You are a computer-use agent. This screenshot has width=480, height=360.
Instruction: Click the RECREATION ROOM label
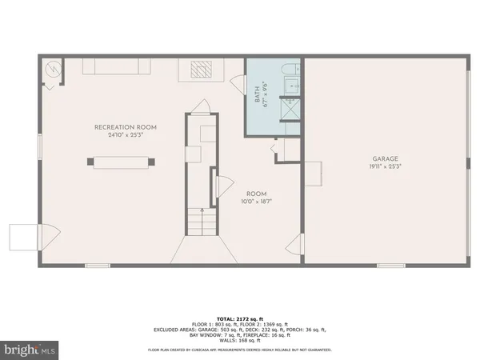(126, 127)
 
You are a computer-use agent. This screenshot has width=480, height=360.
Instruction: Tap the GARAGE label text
(384, 158)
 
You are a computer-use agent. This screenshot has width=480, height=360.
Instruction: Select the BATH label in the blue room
(258, 94)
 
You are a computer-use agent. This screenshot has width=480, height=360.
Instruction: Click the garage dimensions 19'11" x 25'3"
(384, 166)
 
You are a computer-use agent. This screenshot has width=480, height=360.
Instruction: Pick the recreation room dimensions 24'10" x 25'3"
(126, 134)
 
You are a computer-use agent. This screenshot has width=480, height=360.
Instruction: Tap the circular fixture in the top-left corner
(53, 70)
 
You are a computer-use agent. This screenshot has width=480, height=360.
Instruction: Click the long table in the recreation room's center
(120, 162)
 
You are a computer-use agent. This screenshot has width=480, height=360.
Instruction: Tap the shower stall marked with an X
(289, 110)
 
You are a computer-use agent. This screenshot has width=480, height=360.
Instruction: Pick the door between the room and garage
(296, 246)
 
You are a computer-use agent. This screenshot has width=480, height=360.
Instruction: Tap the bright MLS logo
(30, 350)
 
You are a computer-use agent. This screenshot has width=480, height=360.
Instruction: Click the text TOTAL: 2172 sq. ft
(240, 316)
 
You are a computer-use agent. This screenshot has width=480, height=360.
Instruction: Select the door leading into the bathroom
(236, 82)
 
